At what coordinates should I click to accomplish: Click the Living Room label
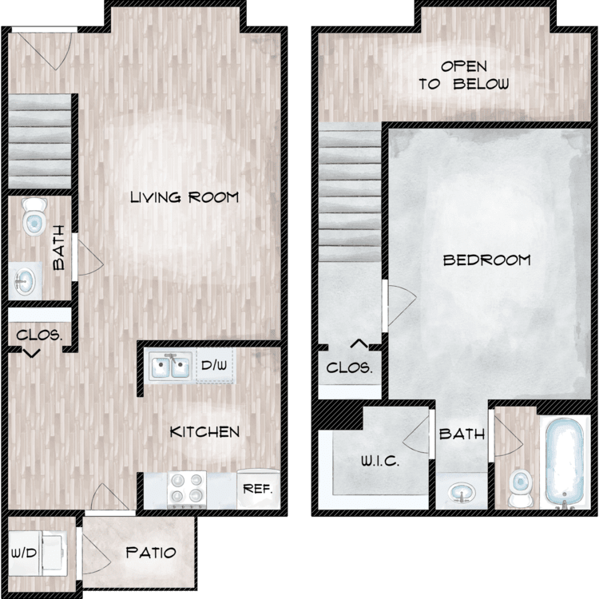(184, 197)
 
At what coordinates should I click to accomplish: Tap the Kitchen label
(204, 432)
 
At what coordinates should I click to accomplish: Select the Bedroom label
(487, 260)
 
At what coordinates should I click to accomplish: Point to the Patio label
(151, 553)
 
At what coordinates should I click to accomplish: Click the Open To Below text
(464, 75)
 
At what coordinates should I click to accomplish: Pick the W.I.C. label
(380, 461)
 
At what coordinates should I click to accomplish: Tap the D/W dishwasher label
(214, 365)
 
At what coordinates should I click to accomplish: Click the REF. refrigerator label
(258, 489)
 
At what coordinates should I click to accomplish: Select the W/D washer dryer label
(24, 553)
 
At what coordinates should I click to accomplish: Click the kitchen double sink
(170, 366)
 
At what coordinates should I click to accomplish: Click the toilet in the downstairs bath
(34, 216)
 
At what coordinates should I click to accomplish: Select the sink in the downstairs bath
(25, 281)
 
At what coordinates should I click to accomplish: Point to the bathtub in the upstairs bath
(565, 463)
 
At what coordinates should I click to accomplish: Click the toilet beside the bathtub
(520, 489)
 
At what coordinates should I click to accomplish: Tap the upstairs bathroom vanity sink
(462, 494)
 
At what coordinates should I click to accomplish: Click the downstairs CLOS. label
(39, 335)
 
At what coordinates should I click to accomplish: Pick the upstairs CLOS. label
(349, 368)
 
